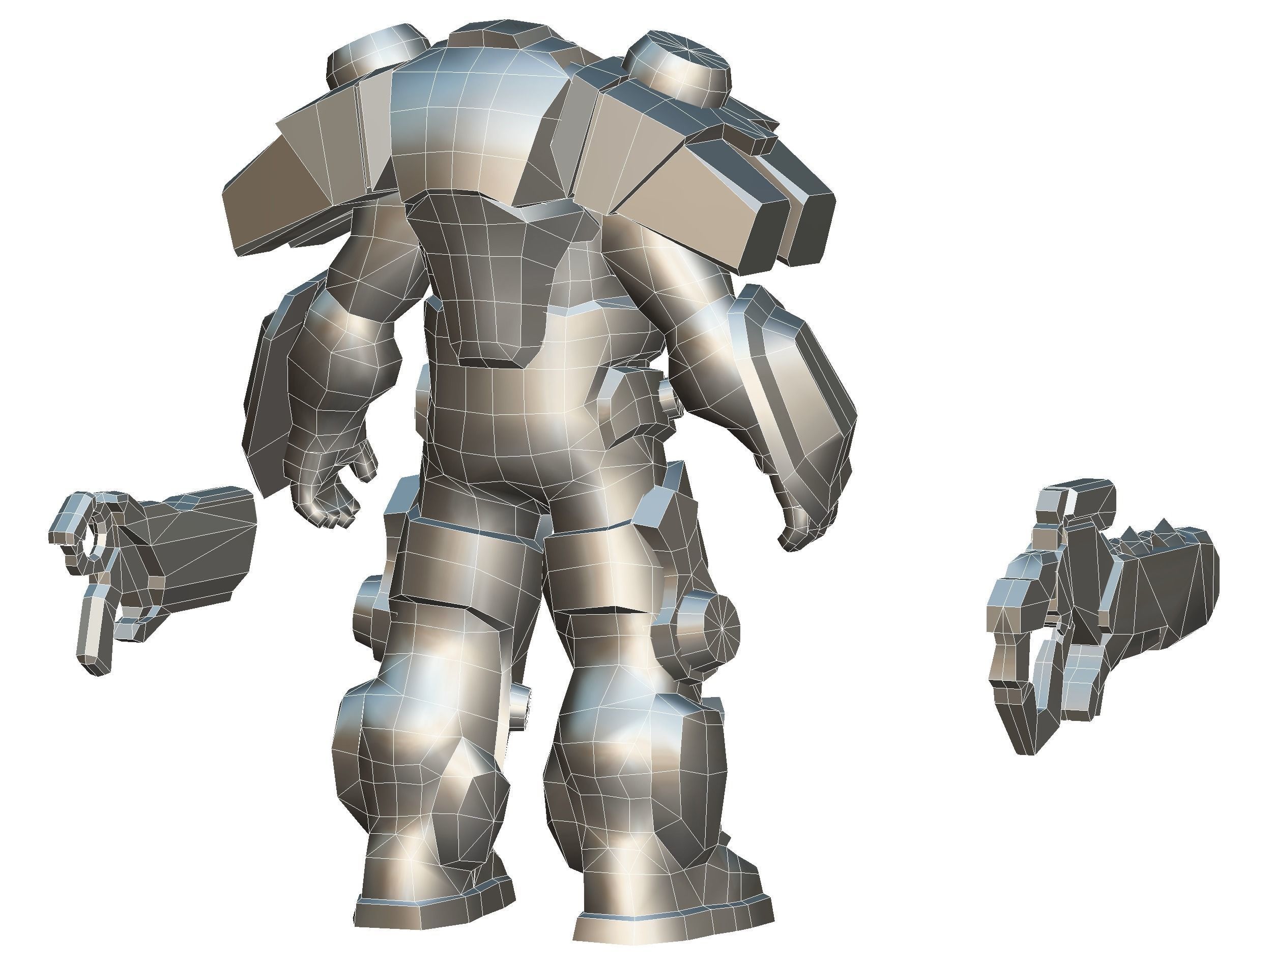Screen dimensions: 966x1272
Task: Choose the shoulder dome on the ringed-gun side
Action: tap(374, 54)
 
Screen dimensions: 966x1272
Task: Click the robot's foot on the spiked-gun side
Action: tap(673, 914)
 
